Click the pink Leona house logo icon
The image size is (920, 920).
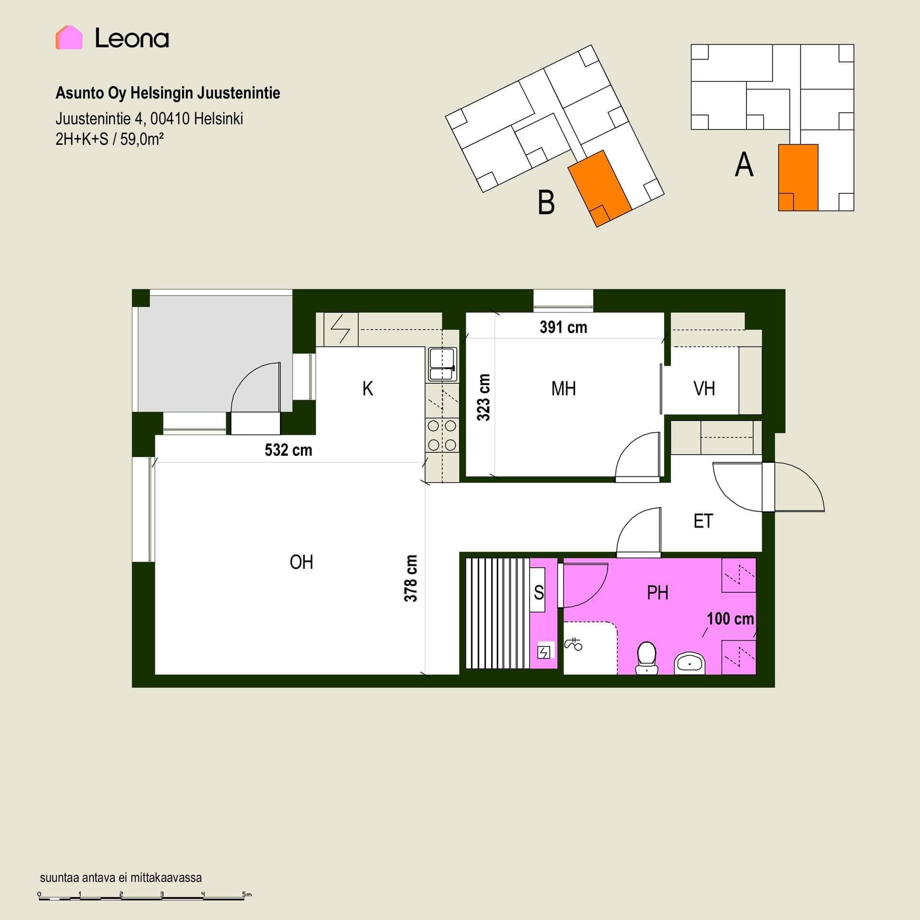pos(69,37)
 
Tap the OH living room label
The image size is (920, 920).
pos(301,562)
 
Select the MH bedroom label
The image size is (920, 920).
pos(563,389)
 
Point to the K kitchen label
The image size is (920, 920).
pos(368,389)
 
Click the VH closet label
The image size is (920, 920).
pos(704,389)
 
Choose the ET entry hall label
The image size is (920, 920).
pos(703,521)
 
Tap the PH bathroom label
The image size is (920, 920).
pos(657,593)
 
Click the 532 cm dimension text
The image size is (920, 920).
pos(288,450)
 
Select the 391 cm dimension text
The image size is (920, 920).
pos(563,327)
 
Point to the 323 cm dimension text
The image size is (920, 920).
pos(483,397)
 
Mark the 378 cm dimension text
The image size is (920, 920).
pos(411,578)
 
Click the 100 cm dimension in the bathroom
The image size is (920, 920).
pos(731,619)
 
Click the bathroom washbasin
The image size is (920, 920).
pos(690,663)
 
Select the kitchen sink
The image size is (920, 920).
pos(442,364)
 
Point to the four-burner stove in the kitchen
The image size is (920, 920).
pos(442,435)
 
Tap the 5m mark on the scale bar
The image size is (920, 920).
pos(247,894)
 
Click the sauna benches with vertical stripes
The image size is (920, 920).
pos(498,613)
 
